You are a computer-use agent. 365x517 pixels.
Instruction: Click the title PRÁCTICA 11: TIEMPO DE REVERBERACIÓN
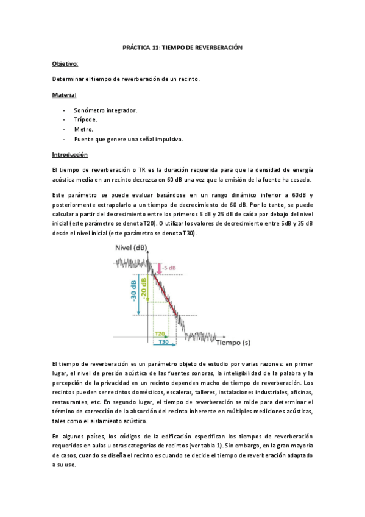[x=182, y=48]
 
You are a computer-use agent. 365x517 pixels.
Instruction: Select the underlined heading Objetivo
[x=65, y=63]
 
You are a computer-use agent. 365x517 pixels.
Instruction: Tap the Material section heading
[x=64, y=95]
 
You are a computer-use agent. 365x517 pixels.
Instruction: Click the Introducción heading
[x=70, y=155]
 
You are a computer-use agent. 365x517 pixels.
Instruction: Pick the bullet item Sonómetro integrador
[x=105, y=110]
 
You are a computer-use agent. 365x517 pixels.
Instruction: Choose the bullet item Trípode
[x=85, y=120]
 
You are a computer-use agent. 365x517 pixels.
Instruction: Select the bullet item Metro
[x=83, y=129]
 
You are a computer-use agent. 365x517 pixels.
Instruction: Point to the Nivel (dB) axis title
[x=130, y=247]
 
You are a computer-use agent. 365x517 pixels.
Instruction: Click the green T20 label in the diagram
[x=160, y=334]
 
